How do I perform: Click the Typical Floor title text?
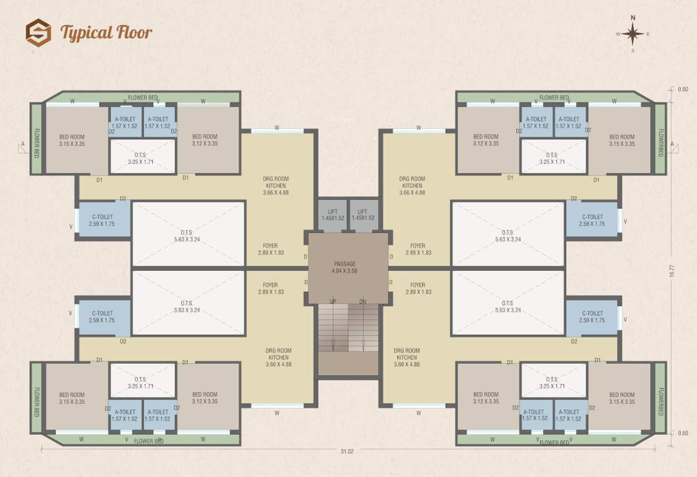pos(106,32)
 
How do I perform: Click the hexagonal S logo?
pos(38,32)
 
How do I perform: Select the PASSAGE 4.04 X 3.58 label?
pos(345,268)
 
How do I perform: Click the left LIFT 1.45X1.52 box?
pos(332,215)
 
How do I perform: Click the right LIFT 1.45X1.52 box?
pos(363,215)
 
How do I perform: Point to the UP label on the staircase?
pos(333,302)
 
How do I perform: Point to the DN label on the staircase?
pos(362,302)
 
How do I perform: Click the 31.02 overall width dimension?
pos(348,452)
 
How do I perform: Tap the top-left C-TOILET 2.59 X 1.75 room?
pos(102,220)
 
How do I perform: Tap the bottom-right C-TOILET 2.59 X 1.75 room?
pos(593,317)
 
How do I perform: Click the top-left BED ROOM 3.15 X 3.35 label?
pos(72,140)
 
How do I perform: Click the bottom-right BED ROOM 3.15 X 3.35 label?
pos(622,398)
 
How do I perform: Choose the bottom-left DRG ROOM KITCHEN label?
pos(279,357)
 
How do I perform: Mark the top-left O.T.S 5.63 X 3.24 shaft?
pos(189,236)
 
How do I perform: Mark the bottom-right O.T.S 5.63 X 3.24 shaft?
pos(508,306)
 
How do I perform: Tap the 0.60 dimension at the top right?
pos(683,89)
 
